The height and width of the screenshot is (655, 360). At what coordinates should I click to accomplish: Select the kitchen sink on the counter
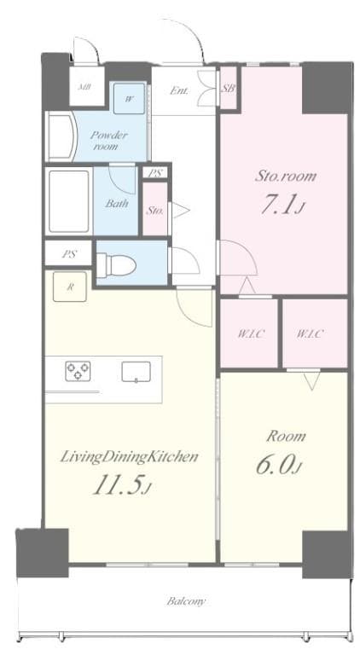[135, 372]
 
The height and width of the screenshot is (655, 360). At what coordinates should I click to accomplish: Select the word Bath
[117, 204]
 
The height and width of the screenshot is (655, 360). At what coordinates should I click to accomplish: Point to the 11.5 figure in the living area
[121, 488]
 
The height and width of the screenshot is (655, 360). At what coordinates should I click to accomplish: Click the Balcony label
[185, 601]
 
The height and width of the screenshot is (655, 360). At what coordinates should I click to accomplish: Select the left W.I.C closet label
[249, 333]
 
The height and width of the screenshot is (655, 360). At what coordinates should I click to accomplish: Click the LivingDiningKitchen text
[129, 457]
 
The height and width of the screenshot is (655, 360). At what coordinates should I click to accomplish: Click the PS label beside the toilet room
[65, 252]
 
